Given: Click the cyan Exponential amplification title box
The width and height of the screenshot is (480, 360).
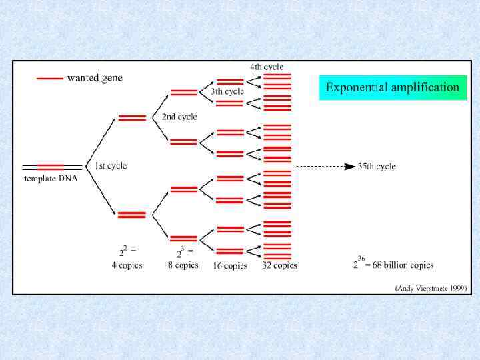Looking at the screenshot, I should (x=393, y=87).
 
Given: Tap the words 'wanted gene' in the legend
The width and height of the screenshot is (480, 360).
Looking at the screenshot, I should (x=95, y=78).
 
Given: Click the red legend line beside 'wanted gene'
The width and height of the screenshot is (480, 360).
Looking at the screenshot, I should (x=49, y=78).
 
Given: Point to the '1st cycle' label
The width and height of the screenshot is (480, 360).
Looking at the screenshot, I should (x=111, y=165).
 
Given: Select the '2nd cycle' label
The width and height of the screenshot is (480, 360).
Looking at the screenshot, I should (x=179, y=117).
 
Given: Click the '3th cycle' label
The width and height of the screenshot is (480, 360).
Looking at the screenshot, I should (x=227, y=91).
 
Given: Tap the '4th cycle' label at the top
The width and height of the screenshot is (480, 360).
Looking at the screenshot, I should (x=267, y=67).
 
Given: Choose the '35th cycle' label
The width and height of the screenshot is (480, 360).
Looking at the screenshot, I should (x=377, y=166).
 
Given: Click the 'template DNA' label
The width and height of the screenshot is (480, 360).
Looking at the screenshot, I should (x=51, y=179).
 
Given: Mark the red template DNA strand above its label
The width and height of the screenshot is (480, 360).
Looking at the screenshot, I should (x=51, y=166).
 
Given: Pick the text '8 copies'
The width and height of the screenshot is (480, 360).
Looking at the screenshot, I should (x=183, y=265).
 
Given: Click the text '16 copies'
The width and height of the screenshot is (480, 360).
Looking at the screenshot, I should (x=230, y=265).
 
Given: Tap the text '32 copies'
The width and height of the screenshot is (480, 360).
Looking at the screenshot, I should (x=279, y=265).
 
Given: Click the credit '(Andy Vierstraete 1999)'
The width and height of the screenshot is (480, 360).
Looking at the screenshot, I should (x=431, y=288).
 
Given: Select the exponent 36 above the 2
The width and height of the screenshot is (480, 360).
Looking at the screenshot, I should (x=361, y=258).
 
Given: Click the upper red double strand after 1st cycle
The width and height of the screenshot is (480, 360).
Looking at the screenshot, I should (x=132, y=118).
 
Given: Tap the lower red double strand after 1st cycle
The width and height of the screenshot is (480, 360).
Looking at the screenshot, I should (x=132, y=215).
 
